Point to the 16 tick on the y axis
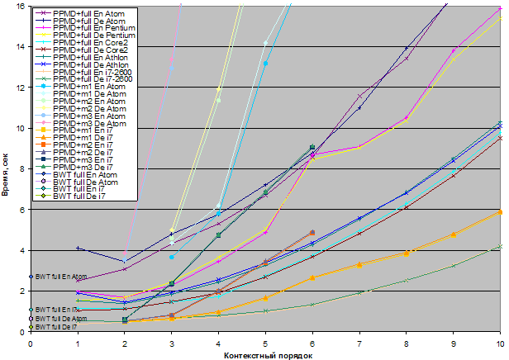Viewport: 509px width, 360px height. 21,7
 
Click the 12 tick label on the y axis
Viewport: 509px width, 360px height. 21,88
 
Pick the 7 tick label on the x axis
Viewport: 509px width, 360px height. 359,341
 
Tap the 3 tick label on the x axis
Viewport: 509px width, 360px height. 171,341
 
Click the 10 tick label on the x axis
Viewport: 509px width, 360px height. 499,341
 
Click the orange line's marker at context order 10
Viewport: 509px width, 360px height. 501,212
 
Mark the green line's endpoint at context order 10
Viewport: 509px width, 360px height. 501,246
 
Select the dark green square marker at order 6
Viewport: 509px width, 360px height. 312,148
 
